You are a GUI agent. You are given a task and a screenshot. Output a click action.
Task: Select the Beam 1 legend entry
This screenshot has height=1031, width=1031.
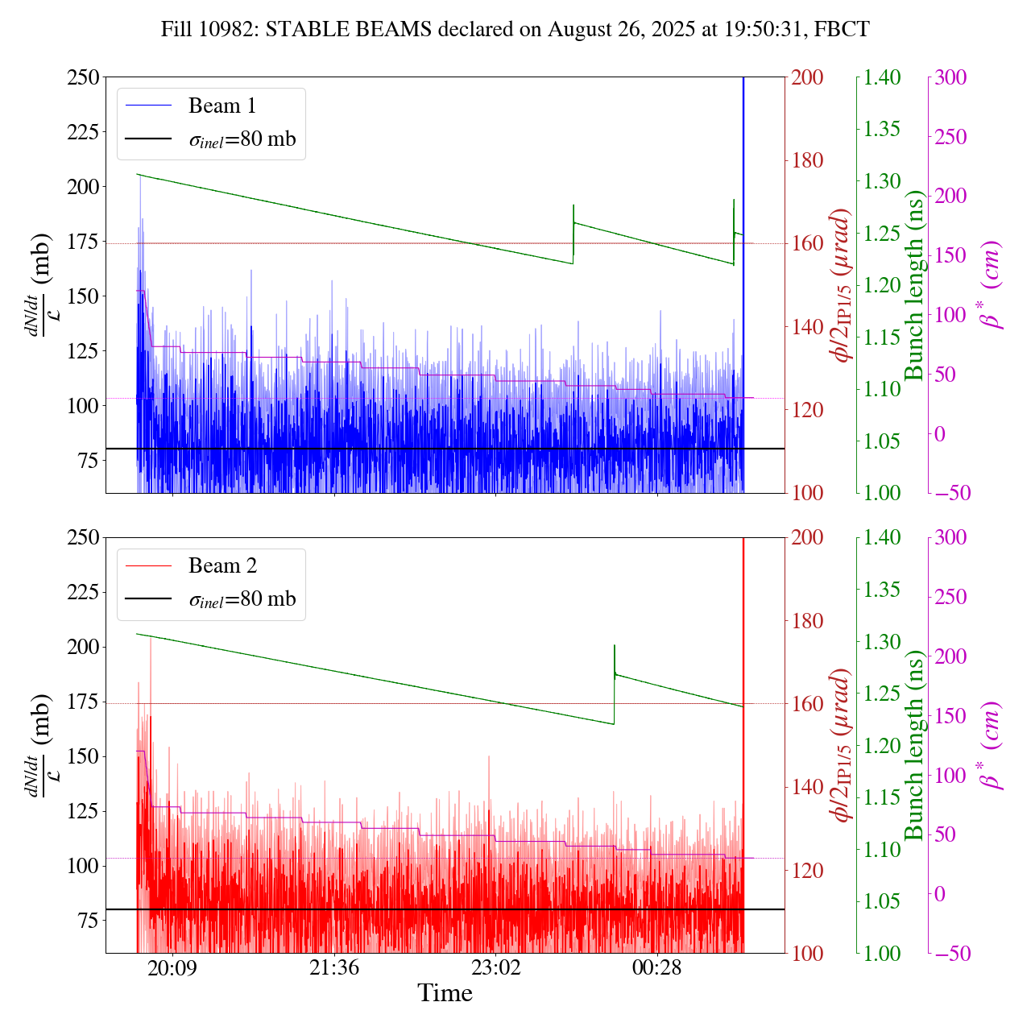(222, 106)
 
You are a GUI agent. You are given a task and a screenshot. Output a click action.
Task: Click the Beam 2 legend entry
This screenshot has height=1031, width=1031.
(222, 566)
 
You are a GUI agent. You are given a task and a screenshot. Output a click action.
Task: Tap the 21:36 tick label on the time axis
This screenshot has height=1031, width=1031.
(334, 967)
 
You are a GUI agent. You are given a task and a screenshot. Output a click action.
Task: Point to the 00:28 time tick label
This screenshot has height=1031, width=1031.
(657, 967)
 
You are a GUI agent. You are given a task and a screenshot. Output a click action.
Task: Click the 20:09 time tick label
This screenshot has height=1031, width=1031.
(172, 967)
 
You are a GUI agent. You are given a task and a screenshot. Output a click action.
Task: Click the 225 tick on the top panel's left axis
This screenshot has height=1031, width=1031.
(82, 132)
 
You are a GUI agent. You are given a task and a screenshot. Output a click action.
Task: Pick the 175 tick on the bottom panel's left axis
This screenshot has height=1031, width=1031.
(82, 702)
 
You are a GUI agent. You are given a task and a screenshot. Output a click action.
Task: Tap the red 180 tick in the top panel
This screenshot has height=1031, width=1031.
(809, 160)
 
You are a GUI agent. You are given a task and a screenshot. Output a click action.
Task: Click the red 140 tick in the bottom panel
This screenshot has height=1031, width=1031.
(809, 787)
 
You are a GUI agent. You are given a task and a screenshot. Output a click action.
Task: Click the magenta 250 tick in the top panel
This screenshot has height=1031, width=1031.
(950, 137)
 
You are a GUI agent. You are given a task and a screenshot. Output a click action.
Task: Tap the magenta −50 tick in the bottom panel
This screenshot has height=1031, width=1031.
(950, 954)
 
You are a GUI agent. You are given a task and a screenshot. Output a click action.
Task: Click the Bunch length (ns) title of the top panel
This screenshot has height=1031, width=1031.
(914, 285)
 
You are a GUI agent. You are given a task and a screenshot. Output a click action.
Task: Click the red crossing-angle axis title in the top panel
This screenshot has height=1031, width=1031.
(843, 285)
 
